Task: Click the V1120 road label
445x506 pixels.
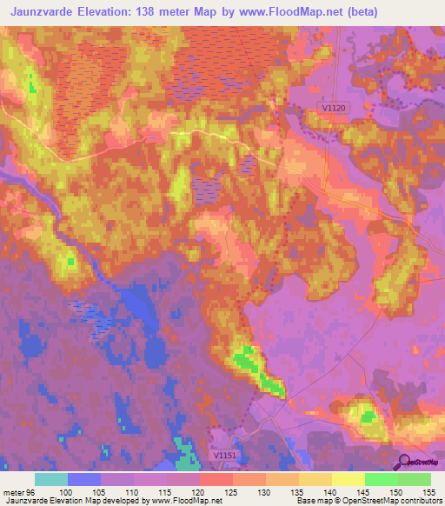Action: pos(334,107)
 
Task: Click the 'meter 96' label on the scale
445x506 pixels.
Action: pos(18,492)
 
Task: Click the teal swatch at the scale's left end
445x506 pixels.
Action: pos(51,479)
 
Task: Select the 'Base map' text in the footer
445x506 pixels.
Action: pos(311,501)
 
